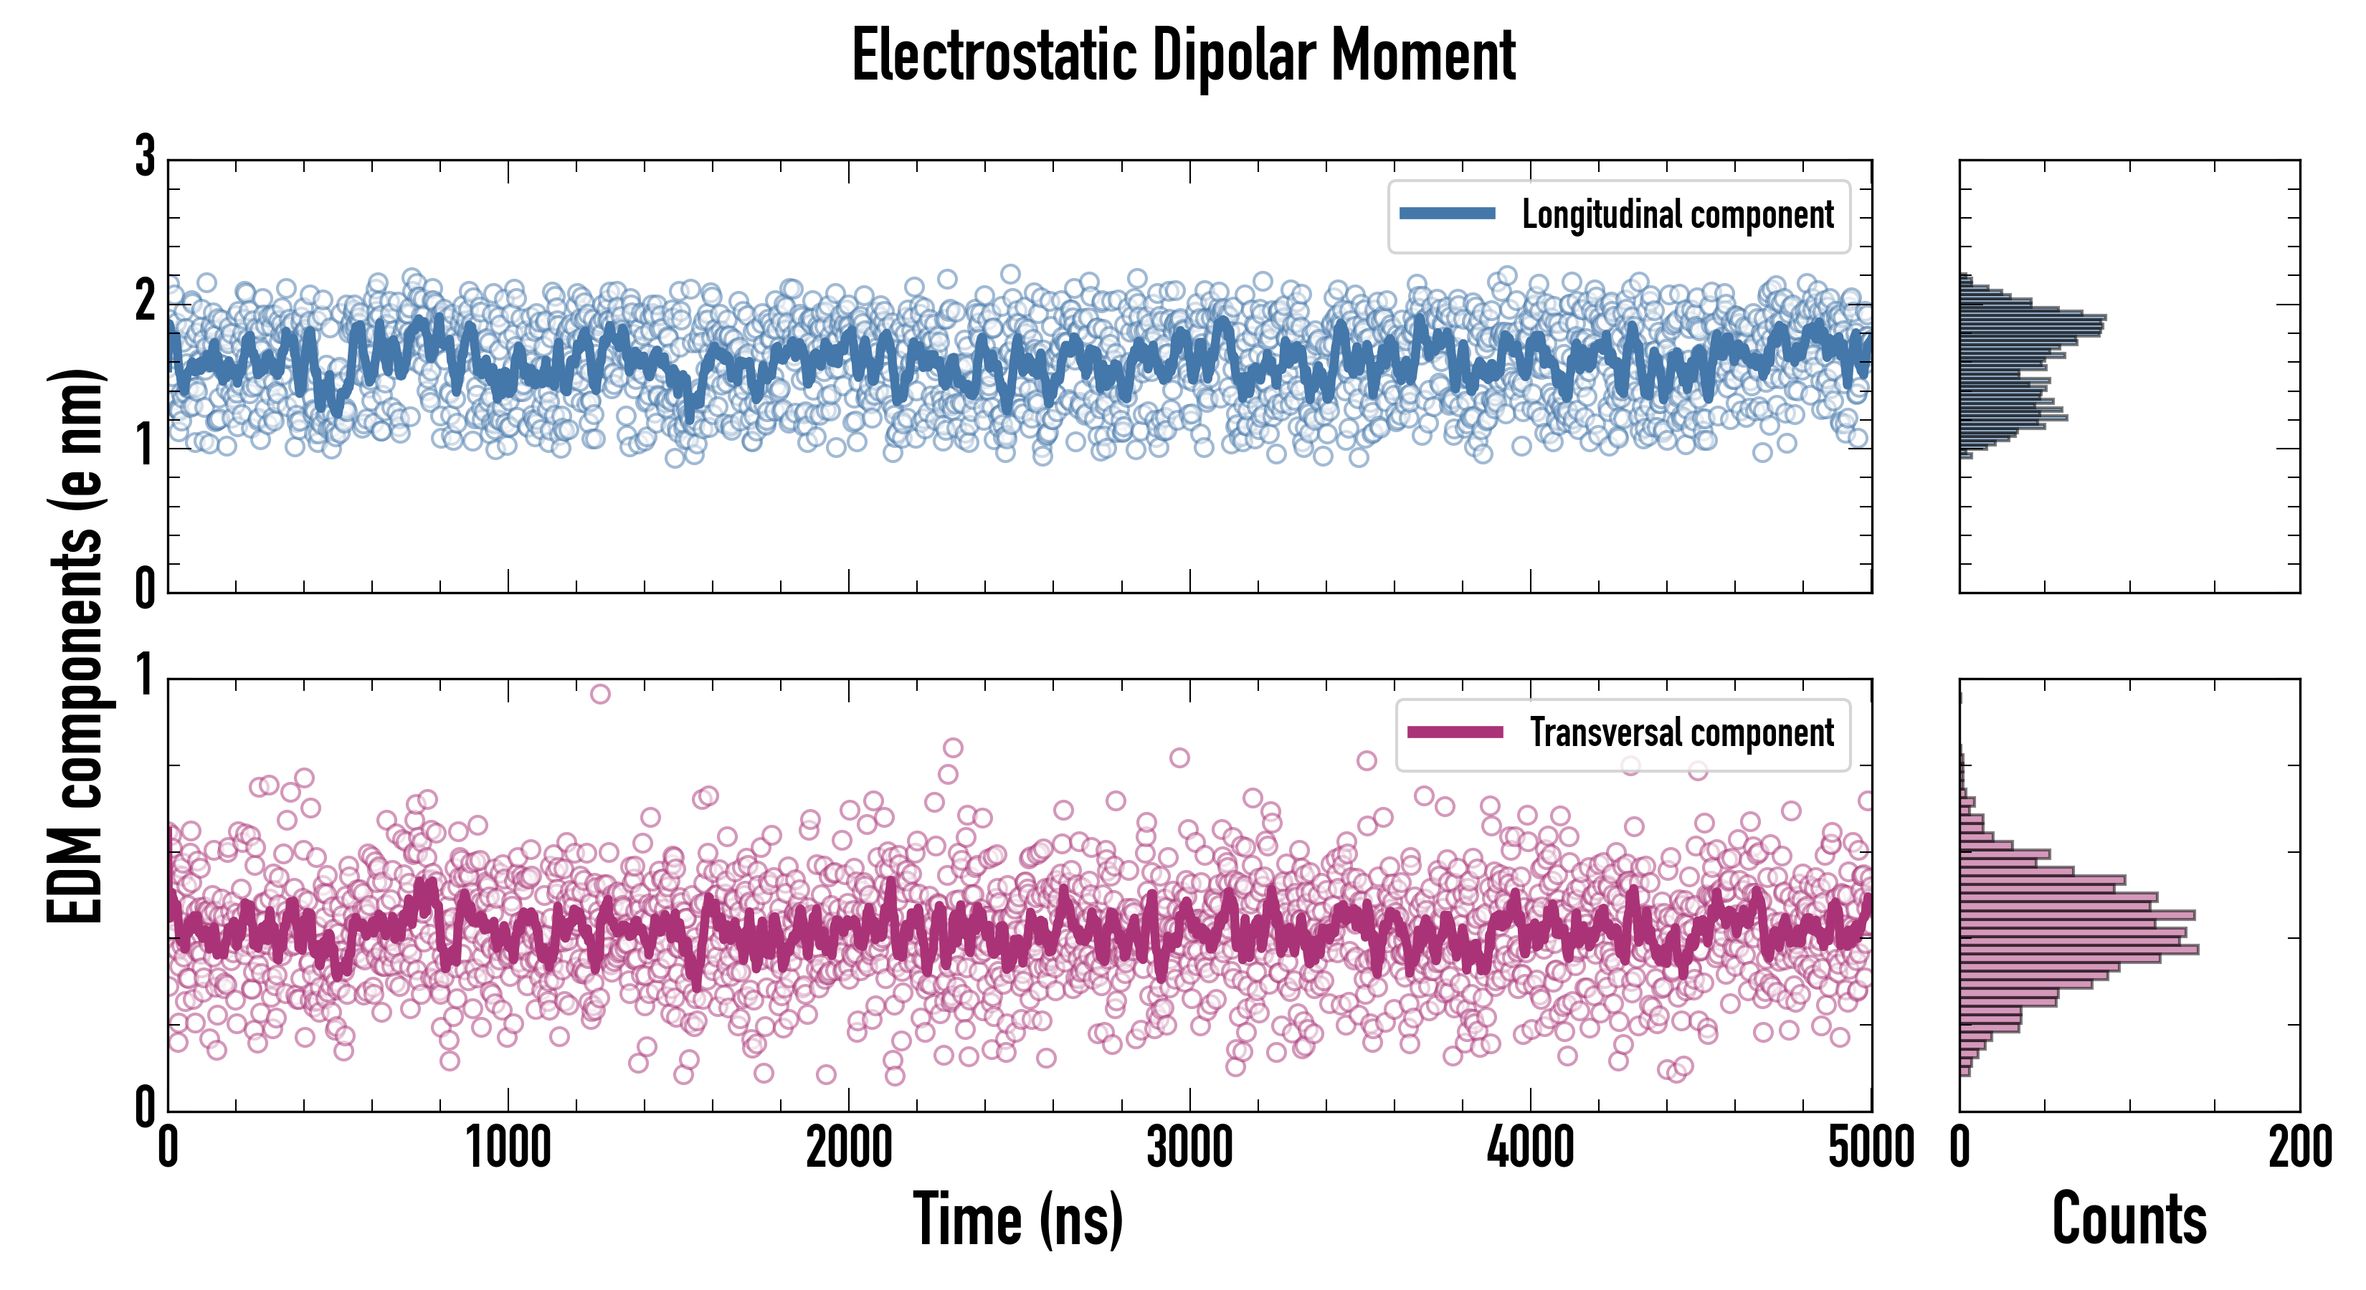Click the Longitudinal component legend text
(1677, 215)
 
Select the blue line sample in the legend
(1448, 214)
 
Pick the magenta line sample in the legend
(1455, 732)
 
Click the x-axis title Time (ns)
(1017, 1218)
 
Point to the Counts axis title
(2129, 1218)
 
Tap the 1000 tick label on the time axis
(508, 1147)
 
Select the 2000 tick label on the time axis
(849, 1147)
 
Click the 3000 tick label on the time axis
(1189, 1147)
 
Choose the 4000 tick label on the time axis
(1530, 1147)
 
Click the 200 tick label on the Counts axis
(2299, 1147)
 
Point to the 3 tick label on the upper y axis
(145, 156)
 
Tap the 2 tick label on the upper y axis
(145, 301)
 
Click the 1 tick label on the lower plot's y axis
(145, 677)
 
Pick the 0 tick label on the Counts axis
(1960, 1147)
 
